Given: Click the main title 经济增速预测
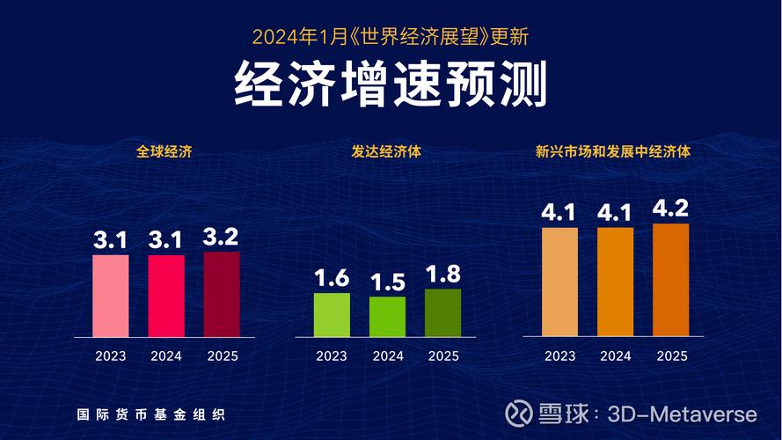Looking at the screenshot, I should click(x=391, y=84).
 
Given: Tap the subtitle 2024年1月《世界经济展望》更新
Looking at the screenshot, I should click(x=391, y=37).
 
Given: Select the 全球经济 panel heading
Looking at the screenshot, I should click(x=164, y=151).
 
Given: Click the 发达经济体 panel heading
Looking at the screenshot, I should click(x=386, y=151).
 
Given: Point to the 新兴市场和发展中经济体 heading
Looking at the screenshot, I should click(x=613, y=151).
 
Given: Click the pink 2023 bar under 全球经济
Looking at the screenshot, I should click(x=111, y=296).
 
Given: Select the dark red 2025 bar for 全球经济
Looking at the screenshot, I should click(x=221, y=294).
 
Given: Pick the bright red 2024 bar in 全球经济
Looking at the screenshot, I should click(x=166, y=296).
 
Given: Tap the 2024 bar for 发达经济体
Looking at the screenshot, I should click(x=387, y=317).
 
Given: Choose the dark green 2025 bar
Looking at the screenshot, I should click(x=442, y=312).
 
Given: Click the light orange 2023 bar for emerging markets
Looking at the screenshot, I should click(x=559, y=282).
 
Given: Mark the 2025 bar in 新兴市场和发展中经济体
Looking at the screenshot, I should click(x=671, y=280).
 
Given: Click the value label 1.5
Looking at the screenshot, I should click(x=387, y=282).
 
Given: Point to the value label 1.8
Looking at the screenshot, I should click(x=442, y=274).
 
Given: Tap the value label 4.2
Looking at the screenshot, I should click(x=671, y=209).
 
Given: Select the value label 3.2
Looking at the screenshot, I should click(x=221, y=237).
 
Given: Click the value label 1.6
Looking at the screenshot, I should click(x=332, y=278).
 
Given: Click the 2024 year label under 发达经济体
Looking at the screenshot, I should click(x=387, y=356).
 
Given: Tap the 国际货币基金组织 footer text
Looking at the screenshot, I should click(x=143, y=414).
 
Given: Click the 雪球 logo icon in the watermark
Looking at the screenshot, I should click(x=520, y=414).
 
